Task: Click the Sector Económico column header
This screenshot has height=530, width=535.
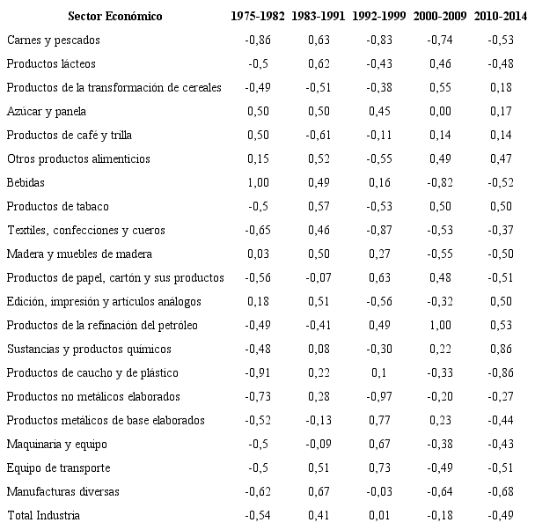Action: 114,17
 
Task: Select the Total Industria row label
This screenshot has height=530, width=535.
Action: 43,514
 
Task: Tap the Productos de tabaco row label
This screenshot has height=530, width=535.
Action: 57,206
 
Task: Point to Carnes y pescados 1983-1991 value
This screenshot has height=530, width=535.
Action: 318,40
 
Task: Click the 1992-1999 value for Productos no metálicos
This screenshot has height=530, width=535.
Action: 378,396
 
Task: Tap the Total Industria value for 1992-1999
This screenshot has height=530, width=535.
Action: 378,514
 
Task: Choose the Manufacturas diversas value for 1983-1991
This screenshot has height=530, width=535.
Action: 318,490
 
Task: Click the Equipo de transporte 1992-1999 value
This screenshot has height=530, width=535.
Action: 378,467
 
